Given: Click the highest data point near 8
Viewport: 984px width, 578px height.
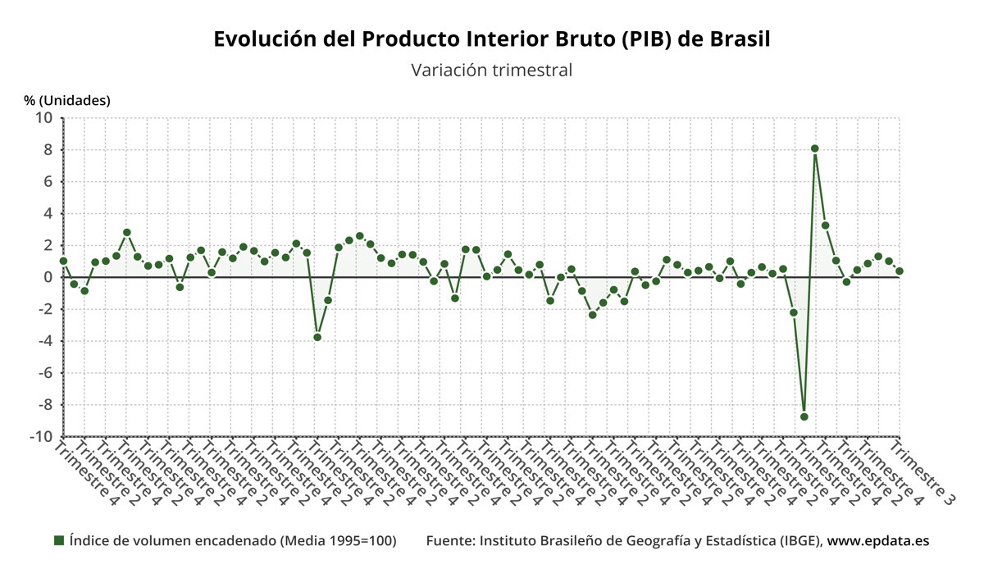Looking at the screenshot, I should tap(815, 148).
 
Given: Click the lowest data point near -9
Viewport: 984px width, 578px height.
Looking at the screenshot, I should tap(804, 416).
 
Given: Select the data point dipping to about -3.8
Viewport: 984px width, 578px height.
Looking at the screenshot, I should tap(317, 337).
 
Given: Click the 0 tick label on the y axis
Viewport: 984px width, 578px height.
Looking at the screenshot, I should tap(48, 277).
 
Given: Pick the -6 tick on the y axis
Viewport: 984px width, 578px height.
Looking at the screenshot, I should tap(44, 373).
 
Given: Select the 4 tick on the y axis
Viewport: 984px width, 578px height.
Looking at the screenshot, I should tap(48, 214).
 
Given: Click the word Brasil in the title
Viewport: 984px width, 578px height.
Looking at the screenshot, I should tap(740, 39).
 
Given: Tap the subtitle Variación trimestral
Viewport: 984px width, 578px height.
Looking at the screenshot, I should tap(491, 71).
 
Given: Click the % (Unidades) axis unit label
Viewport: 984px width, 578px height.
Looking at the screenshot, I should tap(66, 100).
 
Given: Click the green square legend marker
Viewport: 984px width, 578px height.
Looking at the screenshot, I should tap(59, 540).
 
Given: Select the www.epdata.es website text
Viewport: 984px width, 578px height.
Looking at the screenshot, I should tap(877, 541).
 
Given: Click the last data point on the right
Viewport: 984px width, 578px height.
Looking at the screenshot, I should tap(900, 271).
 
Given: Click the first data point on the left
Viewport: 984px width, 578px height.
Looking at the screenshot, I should tap(63, 261).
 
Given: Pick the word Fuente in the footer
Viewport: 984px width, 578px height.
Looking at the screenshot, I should tap(448, 541).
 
